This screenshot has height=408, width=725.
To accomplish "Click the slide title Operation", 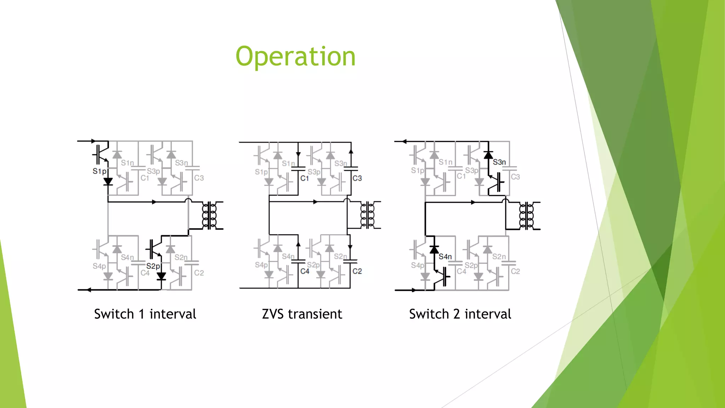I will click(296, 56).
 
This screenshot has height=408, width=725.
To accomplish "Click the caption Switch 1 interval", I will click(145, 314).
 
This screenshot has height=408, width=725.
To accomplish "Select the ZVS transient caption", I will click(302, 314).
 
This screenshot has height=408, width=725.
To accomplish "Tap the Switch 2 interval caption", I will click(460, 314).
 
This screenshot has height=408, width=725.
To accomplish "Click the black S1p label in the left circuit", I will click(99, 171).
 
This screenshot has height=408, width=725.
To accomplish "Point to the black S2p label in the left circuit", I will click(153, 266).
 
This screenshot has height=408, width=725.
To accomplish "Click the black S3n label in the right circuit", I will click(499, 162).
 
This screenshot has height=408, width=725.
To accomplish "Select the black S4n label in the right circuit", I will click(445, 256).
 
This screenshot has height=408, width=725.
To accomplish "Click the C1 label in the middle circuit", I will click(304, 178).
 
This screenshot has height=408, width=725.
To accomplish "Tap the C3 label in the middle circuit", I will click(357, 178).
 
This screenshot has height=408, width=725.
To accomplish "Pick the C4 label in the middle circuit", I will click(304, 271).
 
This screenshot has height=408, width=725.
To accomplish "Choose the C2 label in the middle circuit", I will click(357, 271).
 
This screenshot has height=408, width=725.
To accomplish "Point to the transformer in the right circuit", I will click(526, 216).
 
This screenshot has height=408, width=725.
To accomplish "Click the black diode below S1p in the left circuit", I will click(108, 182).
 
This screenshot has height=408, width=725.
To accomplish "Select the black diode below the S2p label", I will click(161, 276).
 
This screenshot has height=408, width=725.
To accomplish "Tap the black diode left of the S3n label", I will click(489, 155).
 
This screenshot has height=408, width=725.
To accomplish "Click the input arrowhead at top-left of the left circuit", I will click(93, 141).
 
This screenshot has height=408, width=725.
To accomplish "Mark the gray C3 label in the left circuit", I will click(199, 178).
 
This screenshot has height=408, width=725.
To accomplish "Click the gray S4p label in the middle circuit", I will click(261, 265).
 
